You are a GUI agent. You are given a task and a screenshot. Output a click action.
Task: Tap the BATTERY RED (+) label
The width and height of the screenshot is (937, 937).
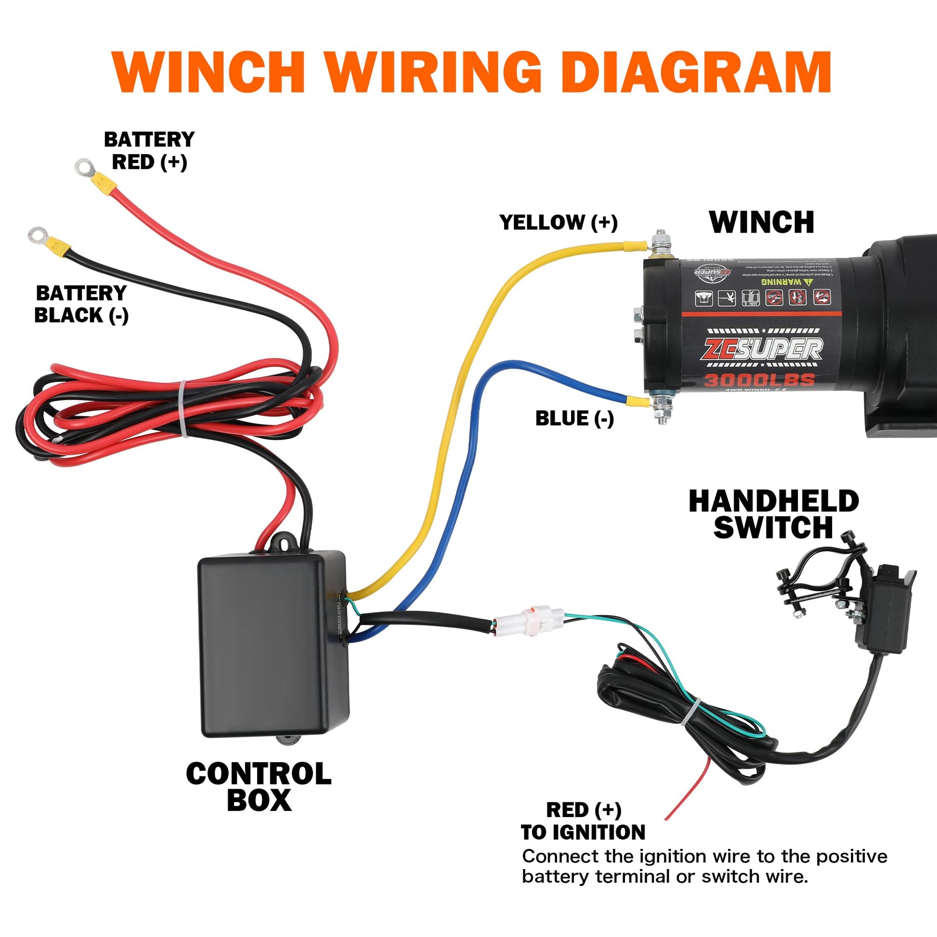pos(149,151)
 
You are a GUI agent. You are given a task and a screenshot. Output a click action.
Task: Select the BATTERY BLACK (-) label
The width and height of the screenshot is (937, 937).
pos(81,304)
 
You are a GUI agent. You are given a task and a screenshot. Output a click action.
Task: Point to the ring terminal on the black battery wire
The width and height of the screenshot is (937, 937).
pos(37,235)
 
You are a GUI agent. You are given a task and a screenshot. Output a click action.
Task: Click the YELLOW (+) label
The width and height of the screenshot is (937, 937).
pos(558,222)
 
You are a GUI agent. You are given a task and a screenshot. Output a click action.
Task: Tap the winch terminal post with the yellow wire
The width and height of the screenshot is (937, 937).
pos(660,245)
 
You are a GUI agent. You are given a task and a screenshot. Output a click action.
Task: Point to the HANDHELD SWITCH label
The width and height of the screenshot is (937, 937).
pos(774,514)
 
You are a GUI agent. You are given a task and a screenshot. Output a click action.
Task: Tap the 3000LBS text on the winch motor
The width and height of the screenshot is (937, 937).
pos(759,380)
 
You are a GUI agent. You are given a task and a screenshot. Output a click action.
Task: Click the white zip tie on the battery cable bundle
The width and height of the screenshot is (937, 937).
pos(183,408)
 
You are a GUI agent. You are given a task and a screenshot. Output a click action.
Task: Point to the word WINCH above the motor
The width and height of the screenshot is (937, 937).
pos(761,222)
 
